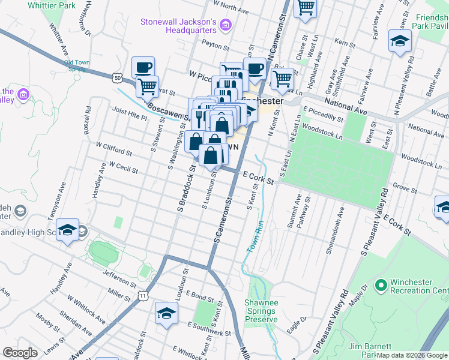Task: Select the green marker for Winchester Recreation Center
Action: pyautogui.click(x=379, y=284)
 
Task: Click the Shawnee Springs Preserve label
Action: pyautogui.click(x=261, y=311)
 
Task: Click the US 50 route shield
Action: pyautogui.click(x=116, y=77)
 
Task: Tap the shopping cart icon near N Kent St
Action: pyautogui.click(x=282, y=78)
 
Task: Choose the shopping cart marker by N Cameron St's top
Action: pyautogui.click(x=306, y=8)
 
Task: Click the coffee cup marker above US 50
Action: pyautogui.click(x=143, y=67)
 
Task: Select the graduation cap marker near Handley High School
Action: pyautogui.click(x=68, y=230)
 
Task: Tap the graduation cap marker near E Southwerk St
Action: pyautogui.click(x=167, y=313)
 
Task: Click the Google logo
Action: pyautogui.click(x=20, y=353)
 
